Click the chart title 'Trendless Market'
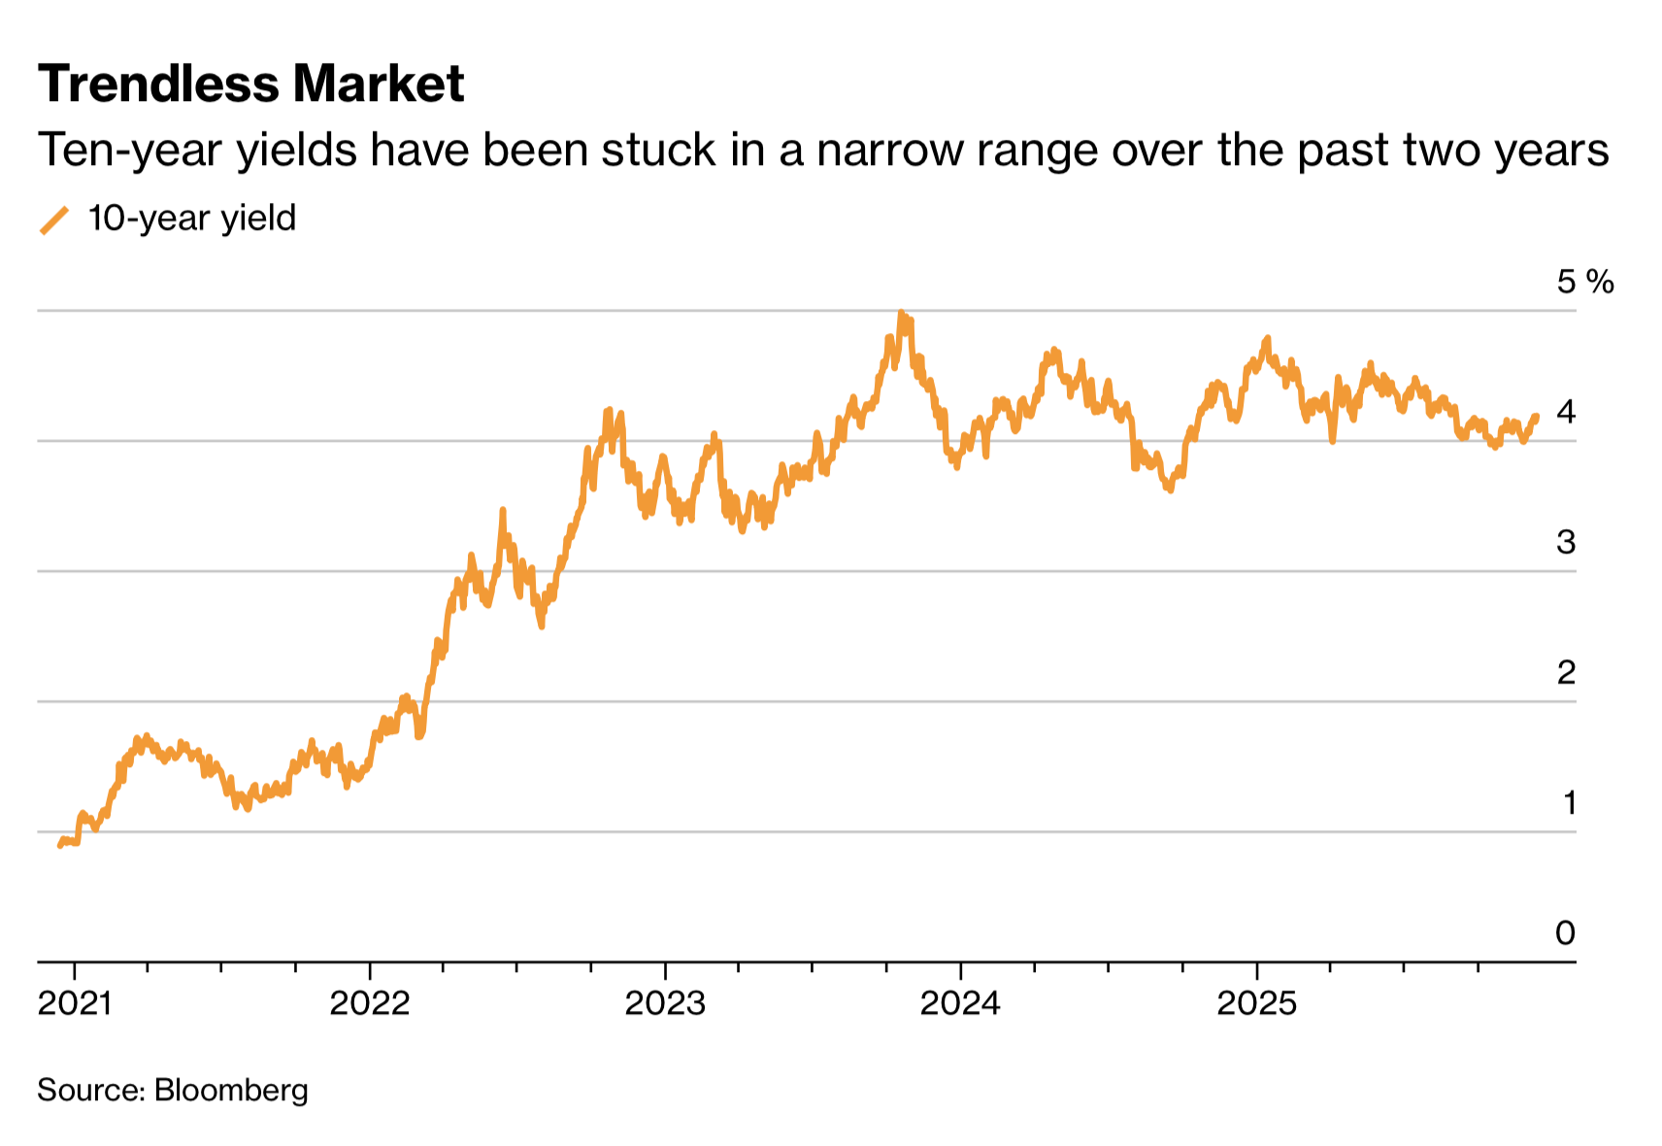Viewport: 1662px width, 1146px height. (x=250, y=84)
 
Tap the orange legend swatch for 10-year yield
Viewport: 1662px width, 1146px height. (x=54, y=220)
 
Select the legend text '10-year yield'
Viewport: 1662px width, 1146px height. (x=191, y=219)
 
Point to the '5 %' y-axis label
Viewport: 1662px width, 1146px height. (x=1584, y=282)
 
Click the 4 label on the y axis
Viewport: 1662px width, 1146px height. (x=1565, y=412)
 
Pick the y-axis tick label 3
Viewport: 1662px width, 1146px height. (x=1565, y=542)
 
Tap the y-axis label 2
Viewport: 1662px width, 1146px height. (x=1565, y=672)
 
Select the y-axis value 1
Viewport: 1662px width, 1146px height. (x=1569, y=802)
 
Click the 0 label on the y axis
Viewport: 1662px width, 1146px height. (x=1565, y=932)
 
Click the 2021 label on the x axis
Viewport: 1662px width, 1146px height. (x=75, y=1002)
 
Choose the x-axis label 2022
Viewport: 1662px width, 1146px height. (x=370, y=1002)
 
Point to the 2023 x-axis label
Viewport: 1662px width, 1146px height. (x=665, y=1002)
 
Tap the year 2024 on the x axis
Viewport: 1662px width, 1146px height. (x=960, y=1002)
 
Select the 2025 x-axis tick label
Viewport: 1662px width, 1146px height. (x=1256, y=1002)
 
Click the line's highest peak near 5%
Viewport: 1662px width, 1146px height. (x=902, y=314)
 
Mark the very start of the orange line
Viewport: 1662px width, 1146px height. (x=60, y=846)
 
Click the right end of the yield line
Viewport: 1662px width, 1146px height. (x=1536, y=417)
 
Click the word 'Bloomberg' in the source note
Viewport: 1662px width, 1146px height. (x=231, y=1090)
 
